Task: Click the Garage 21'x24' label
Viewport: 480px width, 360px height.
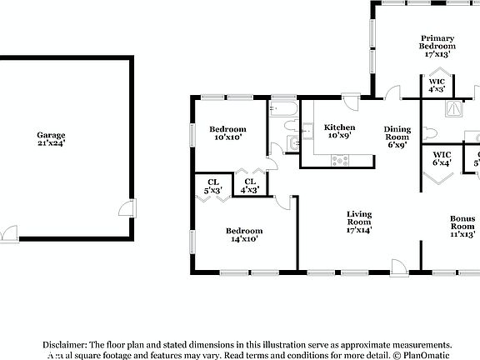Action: (50, 139)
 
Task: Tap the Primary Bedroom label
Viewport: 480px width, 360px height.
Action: (437, 45)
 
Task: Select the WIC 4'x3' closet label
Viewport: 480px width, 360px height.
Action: (437, 84)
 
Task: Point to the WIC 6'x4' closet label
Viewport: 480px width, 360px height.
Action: (442, 158)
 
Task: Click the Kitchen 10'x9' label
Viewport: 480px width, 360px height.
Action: (339, 131)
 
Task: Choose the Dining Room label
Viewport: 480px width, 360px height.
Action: (397, 137)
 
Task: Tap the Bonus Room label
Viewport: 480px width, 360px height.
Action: (462, 226)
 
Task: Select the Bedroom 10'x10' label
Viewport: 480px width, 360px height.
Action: (227, 133)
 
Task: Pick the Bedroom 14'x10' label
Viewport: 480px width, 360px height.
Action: (244, 235)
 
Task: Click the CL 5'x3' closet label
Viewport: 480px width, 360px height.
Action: (212, 186)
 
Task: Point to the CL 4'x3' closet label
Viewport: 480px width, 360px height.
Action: (247, 186)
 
